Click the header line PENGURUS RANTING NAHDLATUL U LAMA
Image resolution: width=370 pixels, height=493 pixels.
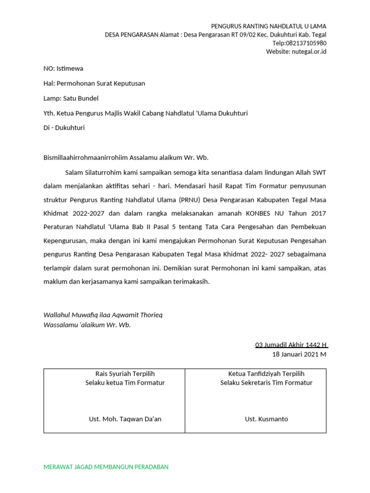click(x=268, y=26)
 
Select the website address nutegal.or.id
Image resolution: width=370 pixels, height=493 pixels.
click(x=308, y=52)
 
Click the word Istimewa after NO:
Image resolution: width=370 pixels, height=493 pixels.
click(x=70, y=68)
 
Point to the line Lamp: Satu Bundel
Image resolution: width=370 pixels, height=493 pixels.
click(x=71, y=98)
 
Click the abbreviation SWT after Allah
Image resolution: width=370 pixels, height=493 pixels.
click(x=319, y=172)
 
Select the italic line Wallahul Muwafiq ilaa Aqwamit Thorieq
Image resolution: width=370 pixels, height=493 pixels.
click(x=103, y=315)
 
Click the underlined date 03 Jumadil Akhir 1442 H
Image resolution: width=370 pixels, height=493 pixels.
click(x=291, y=345)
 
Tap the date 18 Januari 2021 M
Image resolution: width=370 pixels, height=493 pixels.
click(x=299, y=354)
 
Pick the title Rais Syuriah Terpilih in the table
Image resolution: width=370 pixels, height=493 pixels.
click(x=125, y=374)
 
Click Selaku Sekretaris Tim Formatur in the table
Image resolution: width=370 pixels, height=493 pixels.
click(x=266, y=383)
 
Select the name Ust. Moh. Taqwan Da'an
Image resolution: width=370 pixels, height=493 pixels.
click(x=125, y=419)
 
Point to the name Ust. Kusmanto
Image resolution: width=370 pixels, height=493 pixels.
click(x=266, y=419)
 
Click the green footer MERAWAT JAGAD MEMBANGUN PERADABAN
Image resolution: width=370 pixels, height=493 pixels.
click(x=106, y=467)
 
